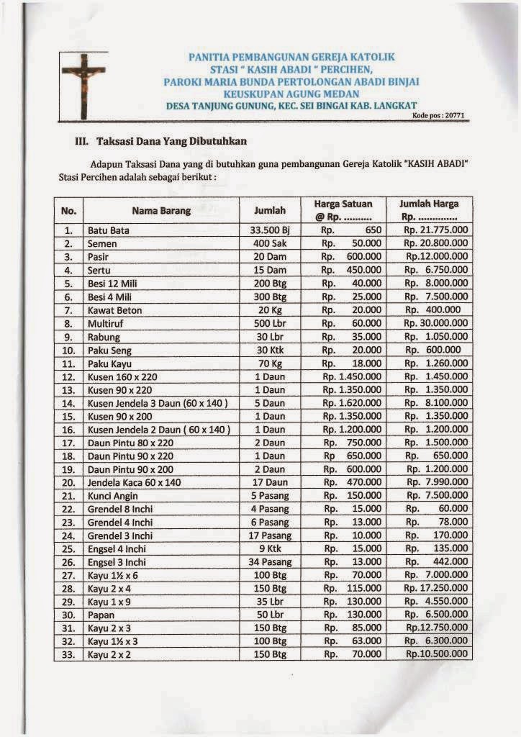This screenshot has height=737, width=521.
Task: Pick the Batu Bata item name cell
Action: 109,231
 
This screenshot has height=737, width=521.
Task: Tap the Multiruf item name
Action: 107,323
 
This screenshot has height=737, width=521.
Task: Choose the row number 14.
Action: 68,403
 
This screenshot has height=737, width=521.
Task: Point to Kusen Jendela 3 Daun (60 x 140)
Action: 158,403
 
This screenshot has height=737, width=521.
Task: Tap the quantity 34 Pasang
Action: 270,561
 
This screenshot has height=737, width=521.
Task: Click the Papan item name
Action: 101,615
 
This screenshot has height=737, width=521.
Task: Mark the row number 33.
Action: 68,654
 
